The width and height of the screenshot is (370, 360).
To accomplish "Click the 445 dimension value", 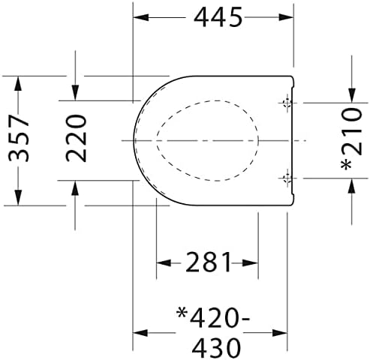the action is click(218, 17).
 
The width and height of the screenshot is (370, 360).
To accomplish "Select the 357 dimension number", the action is click(19, 138).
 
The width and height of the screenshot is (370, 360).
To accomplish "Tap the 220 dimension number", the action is click(76, 138).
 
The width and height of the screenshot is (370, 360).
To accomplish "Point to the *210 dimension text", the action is click(352, 139).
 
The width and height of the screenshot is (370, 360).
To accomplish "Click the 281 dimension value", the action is click(208, 262).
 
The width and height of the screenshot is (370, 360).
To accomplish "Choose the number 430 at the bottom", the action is click(217, 348).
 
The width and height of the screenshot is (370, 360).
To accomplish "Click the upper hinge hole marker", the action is click(287, 103).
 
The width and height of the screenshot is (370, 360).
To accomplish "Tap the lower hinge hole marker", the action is click(287, 178).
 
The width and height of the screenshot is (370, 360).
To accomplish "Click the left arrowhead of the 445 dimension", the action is click(141, 17).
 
